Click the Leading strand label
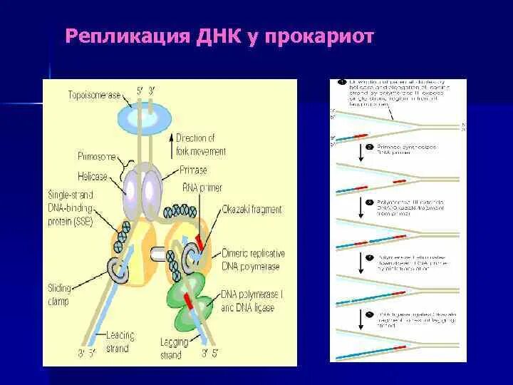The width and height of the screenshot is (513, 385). click(116, 342)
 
